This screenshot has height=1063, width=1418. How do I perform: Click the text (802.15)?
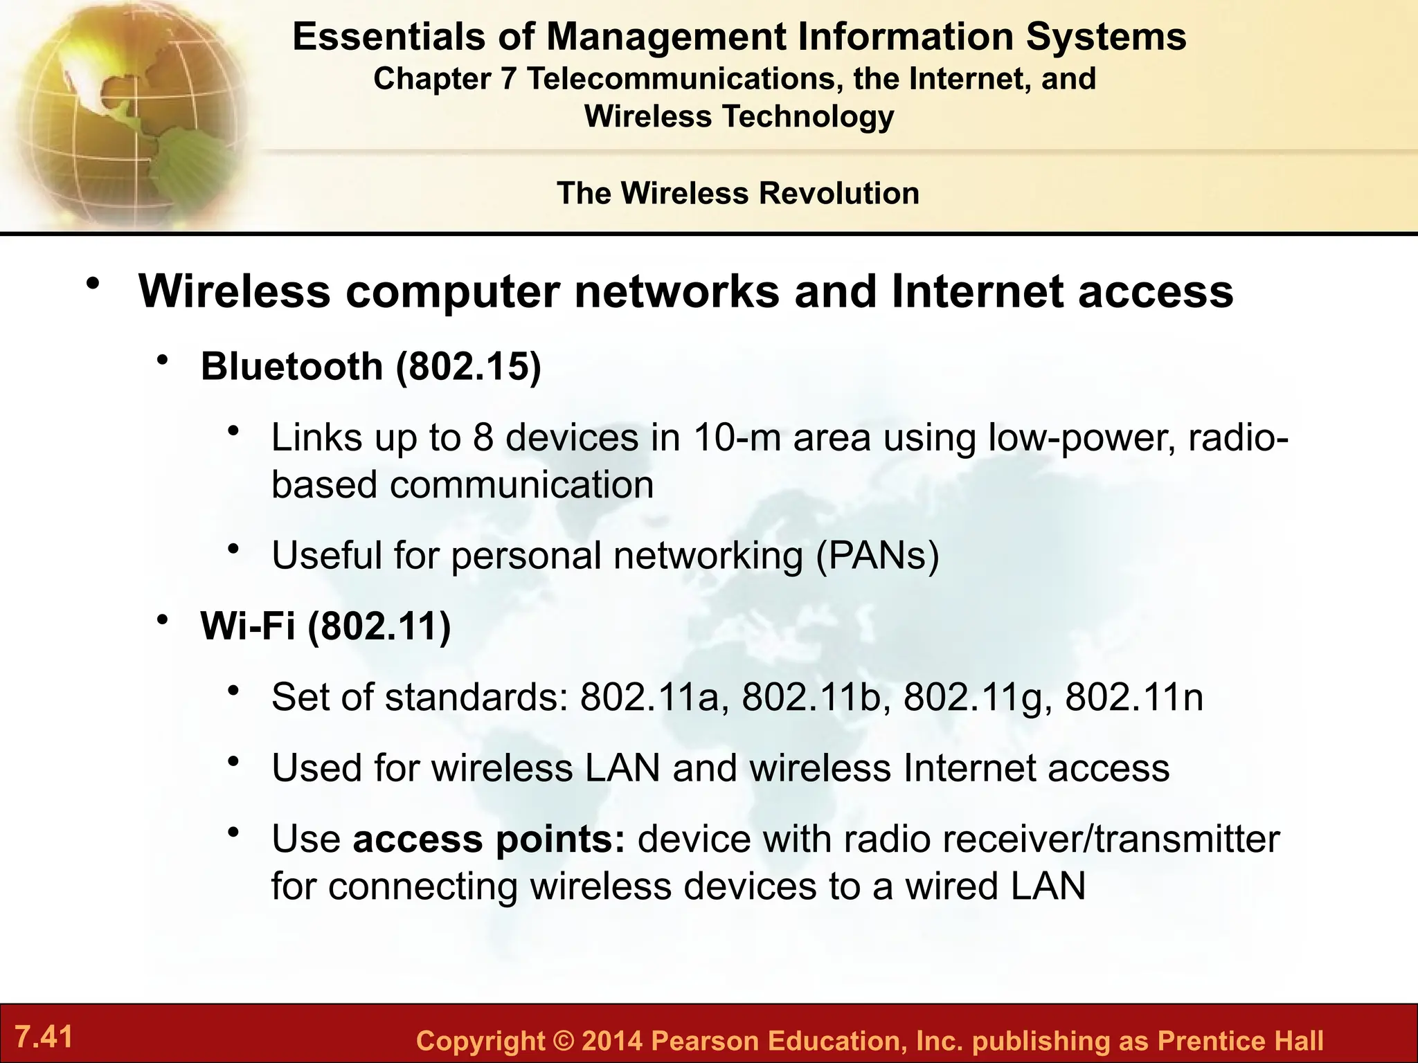468,366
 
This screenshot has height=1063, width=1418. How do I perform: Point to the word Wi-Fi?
248,626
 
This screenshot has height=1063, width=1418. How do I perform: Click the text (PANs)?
877,555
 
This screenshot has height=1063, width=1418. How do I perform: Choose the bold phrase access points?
489,839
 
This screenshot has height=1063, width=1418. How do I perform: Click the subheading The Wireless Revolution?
738,193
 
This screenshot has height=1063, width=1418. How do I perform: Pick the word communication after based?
521,484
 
